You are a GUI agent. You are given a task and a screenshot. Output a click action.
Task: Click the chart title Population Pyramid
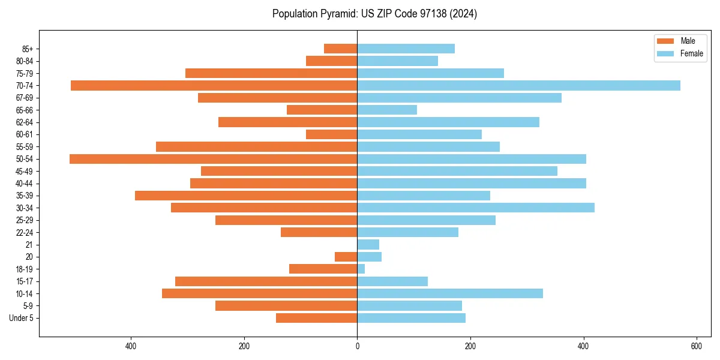coord(374,14)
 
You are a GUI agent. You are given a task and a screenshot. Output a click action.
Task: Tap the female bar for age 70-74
coord(518,85)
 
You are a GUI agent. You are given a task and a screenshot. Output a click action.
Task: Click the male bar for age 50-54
coord(213,159)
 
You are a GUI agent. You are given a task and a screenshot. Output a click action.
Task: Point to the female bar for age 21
coord(368,244)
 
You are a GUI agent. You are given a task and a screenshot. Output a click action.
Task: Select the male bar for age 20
coord(346,257)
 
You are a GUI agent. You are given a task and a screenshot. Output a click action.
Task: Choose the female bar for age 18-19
coord(361,269)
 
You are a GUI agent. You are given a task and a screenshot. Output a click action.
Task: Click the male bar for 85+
coord(340,49)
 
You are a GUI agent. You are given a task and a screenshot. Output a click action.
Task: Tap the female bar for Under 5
coord(411,318)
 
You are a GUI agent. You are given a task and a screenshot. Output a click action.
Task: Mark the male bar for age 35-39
coord(246,196)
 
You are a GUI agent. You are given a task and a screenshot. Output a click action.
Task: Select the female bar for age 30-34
coord(476,208)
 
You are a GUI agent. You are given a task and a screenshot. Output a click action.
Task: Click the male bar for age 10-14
coord(259,293)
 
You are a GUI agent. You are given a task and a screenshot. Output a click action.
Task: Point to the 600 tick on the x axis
coord(697,346)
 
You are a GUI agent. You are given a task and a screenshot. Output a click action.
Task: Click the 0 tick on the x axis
coord(357,346)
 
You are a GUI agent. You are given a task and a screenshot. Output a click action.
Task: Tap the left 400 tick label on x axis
coord(131,346)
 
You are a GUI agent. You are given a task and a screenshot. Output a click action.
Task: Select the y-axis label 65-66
coord(25,110)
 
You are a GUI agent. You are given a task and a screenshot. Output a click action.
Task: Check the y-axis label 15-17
coord(25,281)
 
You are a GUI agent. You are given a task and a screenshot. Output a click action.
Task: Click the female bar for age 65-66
coord(387,110)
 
